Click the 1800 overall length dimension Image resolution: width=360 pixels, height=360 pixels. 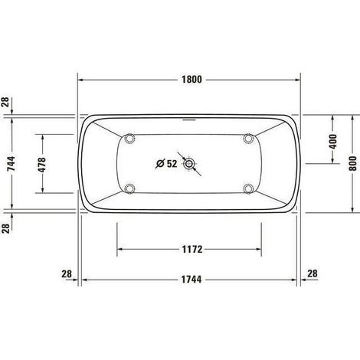point(191,80)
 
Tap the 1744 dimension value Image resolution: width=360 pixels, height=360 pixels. point(191,280)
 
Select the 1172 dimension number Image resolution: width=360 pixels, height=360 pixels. point(192,249)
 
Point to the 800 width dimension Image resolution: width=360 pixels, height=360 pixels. point(352,164)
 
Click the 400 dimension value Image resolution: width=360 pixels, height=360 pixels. point(333,142)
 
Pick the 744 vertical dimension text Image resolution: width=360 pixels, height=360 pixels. point(11,164)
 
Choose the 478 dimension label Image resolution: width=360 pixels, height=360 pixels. point(42,165)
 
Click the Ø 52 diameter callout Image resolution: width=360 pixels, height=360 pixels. point(166,163)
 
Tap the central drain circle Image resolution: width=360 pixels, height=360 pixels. point(189,164)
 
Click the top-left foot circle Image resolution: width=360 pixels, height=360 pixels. point(129,138)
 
